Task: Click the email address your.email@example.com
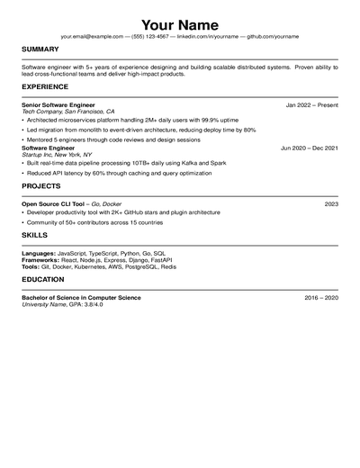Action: tap(92, 36)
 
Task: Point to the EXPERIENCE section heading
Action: tap(45, 86)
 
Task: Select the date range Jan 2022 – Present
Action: tap(311, 104)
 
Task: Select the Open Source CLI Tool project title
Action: tap(59, 204)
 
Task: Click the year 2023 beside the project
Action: tap(331, 204)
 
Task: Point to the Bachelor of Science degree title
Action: tap(81, 297)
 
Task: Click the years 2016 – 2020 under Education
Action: tap(321, 297)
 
